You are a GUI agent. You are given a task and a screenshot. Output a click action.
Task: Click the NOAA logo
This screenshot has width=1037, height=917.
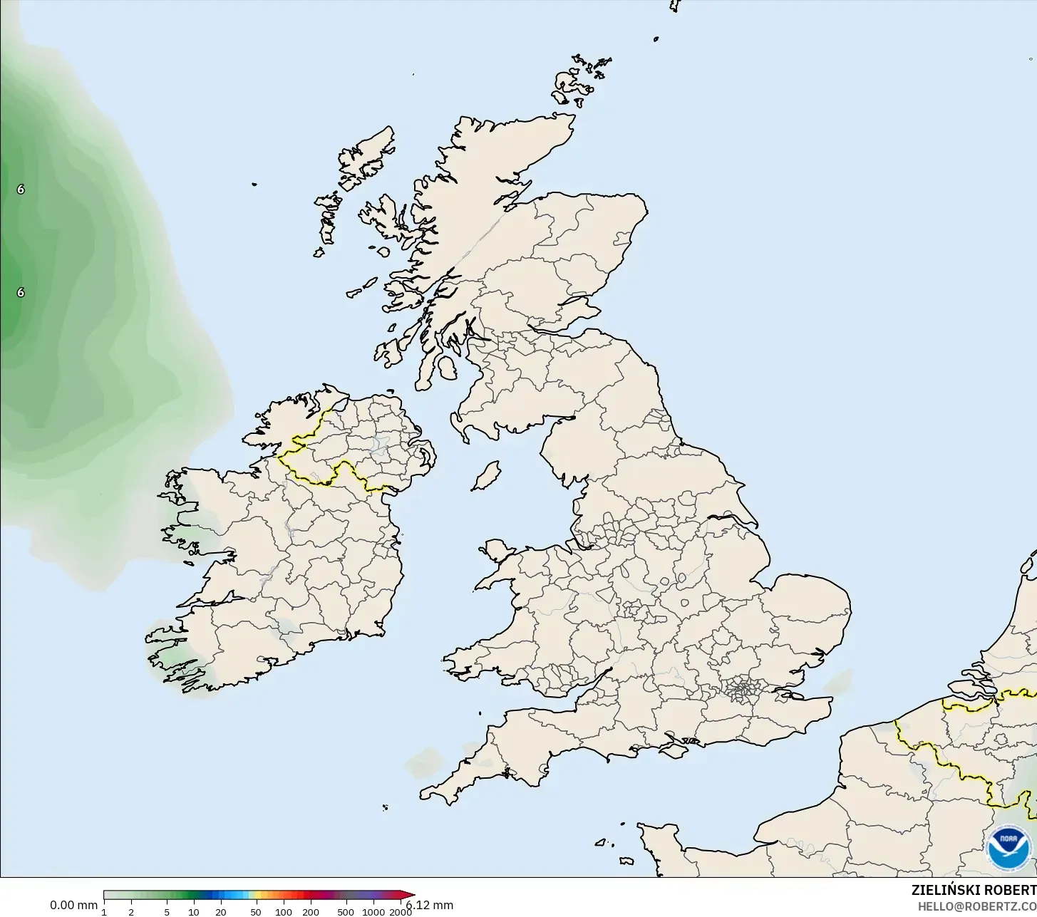click(1008, 847)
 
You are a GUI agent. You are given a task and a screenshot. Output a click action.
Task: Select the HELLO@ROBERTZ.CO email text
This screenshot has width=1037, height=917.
click(976, 906)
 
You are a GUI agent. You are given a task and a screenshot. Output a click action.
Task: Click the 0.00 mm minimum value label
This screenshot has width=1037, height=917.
click(73, 905)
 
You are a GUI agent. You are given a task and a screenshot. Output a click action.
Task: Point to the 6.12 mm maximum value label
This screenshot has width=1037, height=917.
click(430, 906)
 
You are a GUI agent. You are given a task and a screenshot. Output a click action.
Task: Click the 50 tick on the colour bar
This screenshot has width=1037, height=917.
click(256, 912)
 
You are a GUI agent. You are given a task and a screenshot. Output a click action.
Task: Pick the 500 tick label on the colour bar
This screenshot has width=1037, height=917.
click(346, 912)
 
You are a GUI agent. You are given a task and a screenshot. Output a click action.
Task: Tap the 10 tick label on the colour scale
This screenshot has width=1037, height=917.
click(193, 912)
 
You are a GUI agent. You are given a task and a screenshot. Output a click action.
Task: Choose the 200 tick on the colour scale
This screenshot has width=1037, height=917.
click(311, 912)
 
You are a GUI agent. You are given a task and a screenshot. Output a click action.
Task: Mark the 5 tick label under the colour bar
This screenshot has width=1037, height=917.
click(167, 912)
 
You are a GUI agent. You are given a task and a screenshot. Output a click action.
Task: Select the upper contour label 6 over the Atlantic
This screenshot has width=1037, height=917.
click(21, 190)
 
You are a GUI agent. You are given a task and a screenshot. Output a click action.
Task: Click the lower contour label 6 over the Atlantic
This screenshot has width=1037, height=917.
click(21, 293)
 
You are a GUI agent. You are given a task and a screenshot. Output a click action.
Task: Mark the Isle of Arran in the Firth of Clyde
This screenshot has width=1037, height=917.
click(448, 368)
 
